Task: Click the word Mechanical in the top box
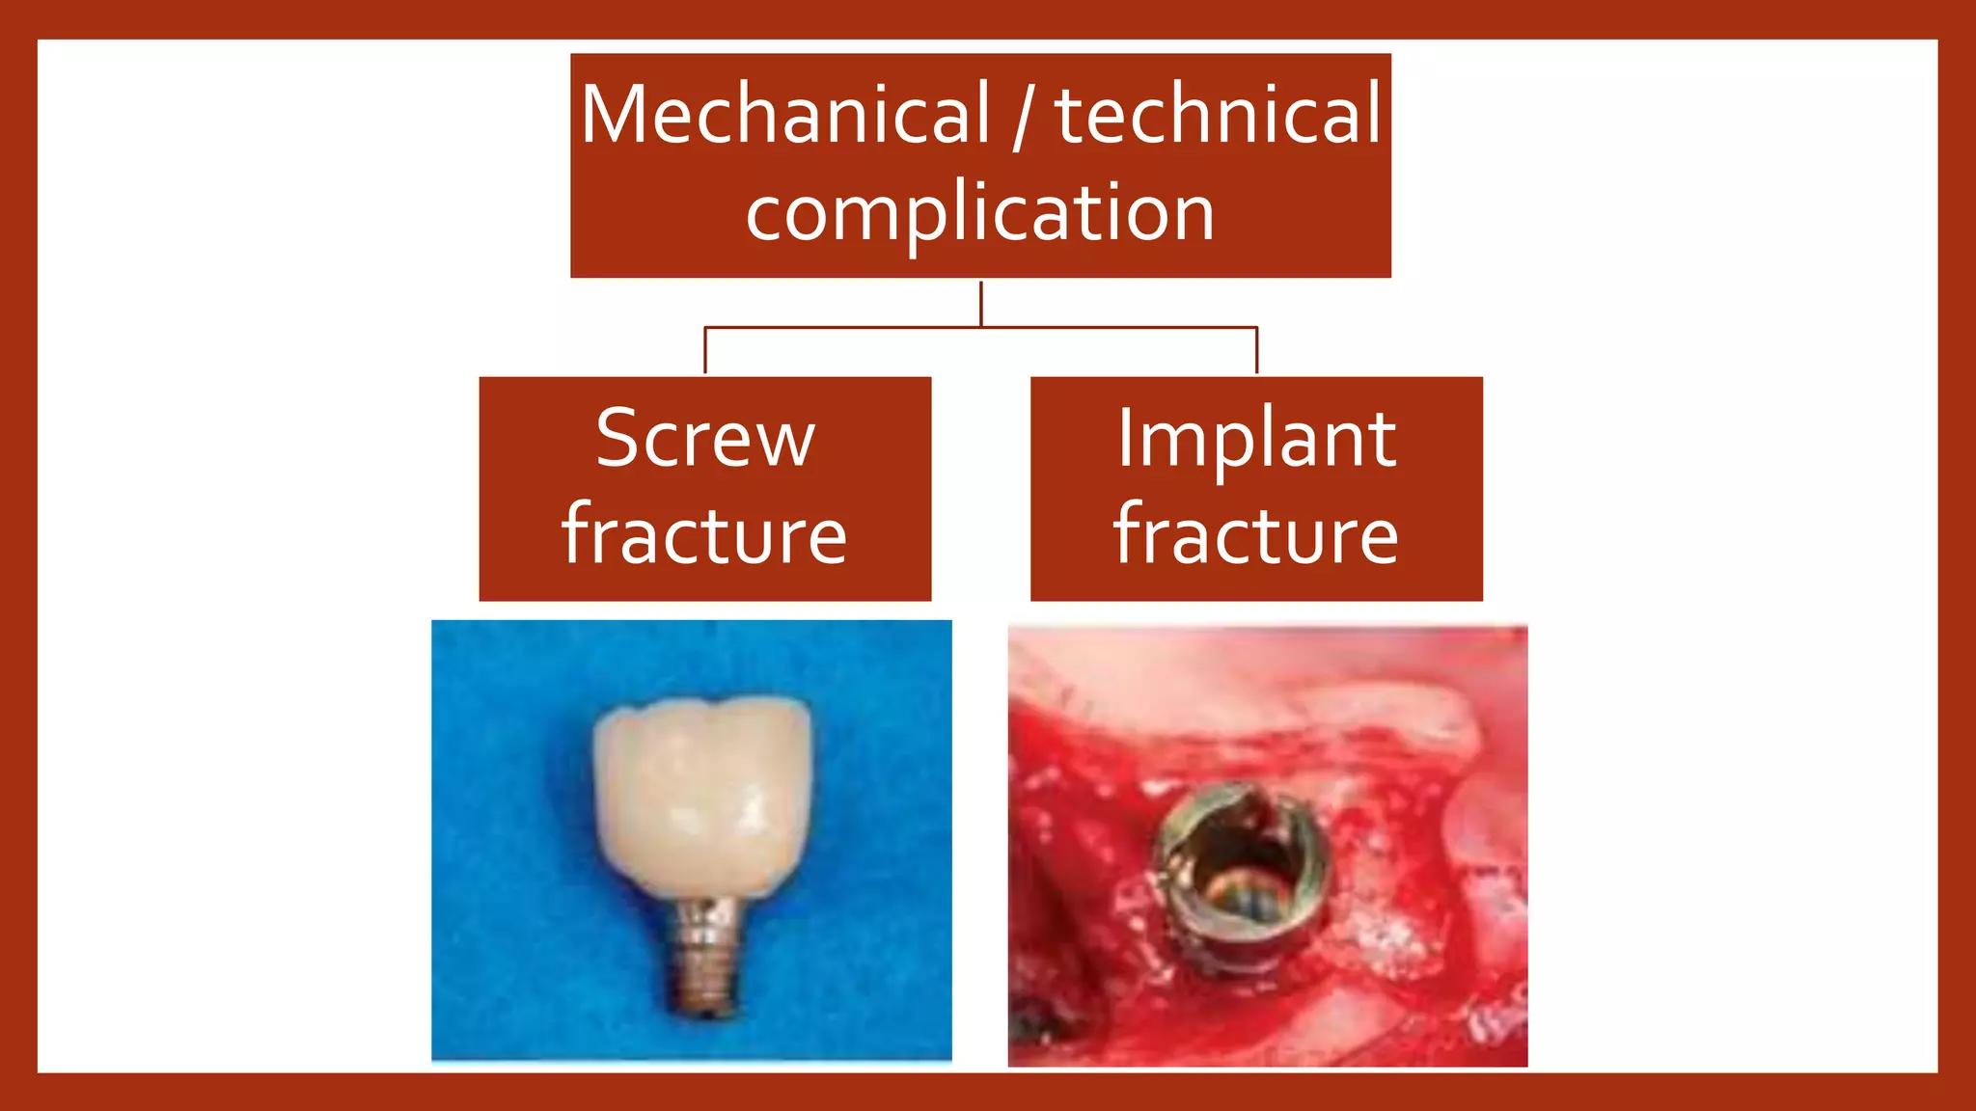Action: click(785, 116)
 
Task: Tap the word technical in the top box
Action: click(1219, 116)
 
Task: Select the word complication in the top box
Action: click(980, 213)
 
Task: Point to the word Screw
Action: click(705, 439)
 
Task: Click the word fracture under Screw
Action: click(705, 535)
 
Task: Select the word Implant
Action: click(1256, 439)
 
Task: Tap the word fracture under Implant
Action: click(1256, 535)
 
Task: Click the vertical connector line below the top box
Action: click(981, 304)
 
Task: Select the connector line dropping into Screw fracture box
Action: click(705, 351)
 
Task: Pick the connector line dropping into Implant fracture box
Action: click(1256, 351)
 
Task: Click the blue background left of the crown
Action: click(511, 820)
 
